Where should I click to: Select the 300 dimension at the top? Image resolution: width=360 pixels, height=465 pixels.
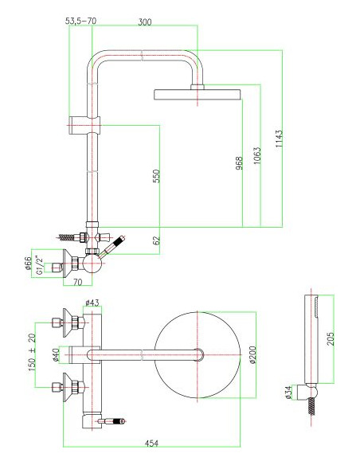pyautogui.click(x=144, y=21)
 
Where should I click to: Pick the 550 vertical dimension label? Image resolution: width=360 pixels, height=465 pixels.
pyautogui.click(x=156, y=176)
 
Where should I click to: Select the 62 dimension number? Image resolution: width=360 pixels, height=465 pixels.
pyautogui.click(x=156, y=238)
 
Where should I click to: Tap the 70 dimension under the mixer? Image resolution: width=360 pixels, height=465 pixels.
pyautogui.click(x=78, y=282)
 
